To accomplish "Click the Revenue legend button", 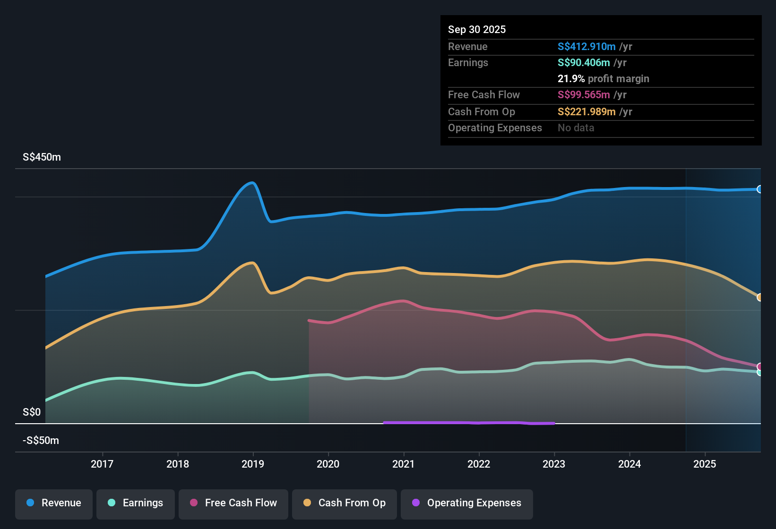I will point(54,503).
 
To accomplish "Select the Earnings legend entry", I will point(136,503).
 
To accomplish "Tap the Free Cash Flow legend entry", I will point(233,503).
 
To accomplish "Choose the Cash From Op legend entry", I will point(345,503).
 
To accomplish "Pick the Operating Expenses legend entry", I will point(467,503).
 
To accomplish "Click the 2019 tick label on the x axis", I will point(253,464).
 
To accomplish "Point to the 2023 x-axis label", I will point(554,464).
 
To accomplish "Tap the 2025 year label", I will point(705,464).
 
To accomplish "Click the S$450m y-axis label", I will point(42,157).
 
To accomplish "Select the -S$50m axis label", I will point(41,441).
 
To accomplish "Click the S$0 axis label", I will point(32,412).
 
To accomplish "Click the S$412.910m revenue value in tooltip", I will point(586,47).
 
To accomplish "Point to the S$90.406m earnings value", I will point(584,63).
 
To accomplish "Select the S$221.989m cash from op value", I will point(586,112).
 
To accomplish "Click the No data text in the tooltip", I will point(576,128).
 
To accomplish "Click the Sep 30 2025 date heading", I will point(476,30).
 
